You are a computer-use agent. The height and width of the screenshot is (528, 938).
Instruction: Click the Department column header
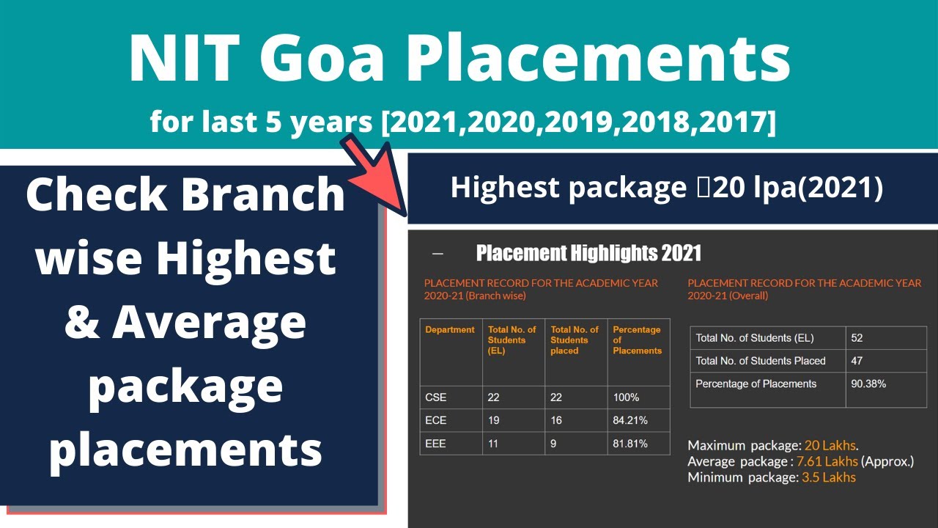450,330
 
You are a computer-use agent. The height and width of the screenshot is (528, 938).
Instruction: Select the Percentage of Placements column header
637,340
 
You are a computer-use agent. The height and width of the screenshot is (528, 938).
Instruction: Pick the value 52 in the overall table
857,338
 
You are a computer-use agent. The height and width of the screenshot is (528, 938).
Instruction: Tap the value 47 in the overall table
857,361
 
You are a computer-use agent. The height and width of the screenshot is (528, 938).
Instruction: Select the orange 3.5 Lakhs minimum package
829,477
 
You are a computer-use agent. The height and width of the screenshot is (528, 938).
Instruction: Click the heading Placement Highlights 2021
588,254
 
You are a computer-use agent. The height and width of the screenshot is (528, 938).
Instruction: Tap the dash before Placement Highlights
438,254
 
